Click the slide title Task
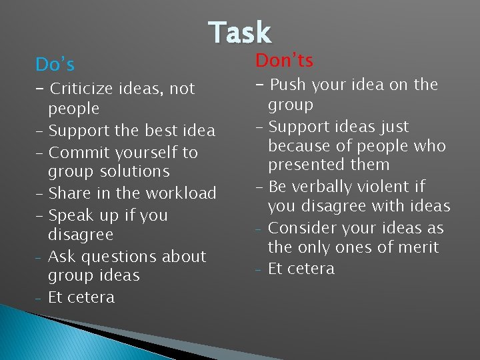tap(239, 33)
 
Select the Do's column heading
tap(55, 65)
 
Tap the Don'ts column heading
tap(284, 61)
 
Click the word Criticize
tap(85, 89)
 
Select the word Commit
tap(77, 152)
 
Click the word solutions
tap(135, 171)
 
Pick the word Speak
tap(71, 215)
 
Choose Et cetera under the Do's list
tap(81, 297)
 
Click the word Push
tap(287, 85)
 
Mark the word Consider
tap(301, 228)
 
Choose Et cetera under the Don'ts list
tap(301, 269)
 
